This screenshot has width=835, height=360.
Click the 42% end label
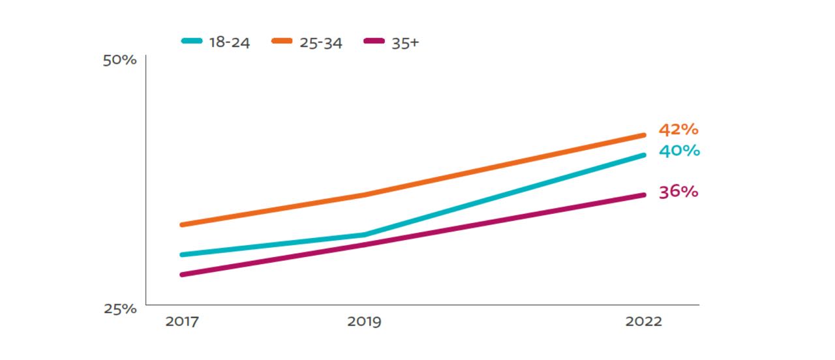point(678,130)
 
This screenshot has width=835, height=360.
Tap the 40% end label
point(679,151)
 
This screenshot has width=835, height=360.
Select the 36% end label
point(678,192)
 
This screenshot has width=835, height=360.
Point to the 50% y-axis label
point(120,61)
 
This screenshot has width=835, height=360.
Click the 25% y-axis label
point(120,308)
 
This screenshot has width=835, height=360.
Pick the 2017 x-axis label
point(182,322)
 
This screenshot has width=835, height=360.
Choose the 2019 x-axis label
point(365,322)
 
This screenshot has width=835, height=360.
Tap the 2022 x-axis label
point(643,322)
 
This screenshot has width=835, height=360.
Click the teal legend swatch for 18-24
point(192,40)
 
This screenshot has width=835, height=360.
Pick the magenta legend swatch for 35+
point(372,40)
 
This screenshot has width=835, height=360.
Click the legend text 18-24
point(230,44)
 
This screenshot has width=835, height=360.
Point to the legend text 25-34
point(321,44)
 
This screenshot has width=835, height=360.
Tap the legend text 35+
point(405,44)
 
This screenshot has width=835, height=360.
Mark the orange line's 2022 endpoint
point(643,136)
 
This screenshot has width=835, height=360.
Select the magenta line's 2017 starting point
point(182,275)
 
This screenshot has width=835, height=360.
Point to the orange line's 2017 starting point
point(182,225)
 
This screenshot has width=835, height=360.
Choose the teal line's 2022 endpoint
point(643,155)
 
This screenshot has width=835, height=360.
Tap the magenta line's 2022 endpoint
point(643,195)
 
